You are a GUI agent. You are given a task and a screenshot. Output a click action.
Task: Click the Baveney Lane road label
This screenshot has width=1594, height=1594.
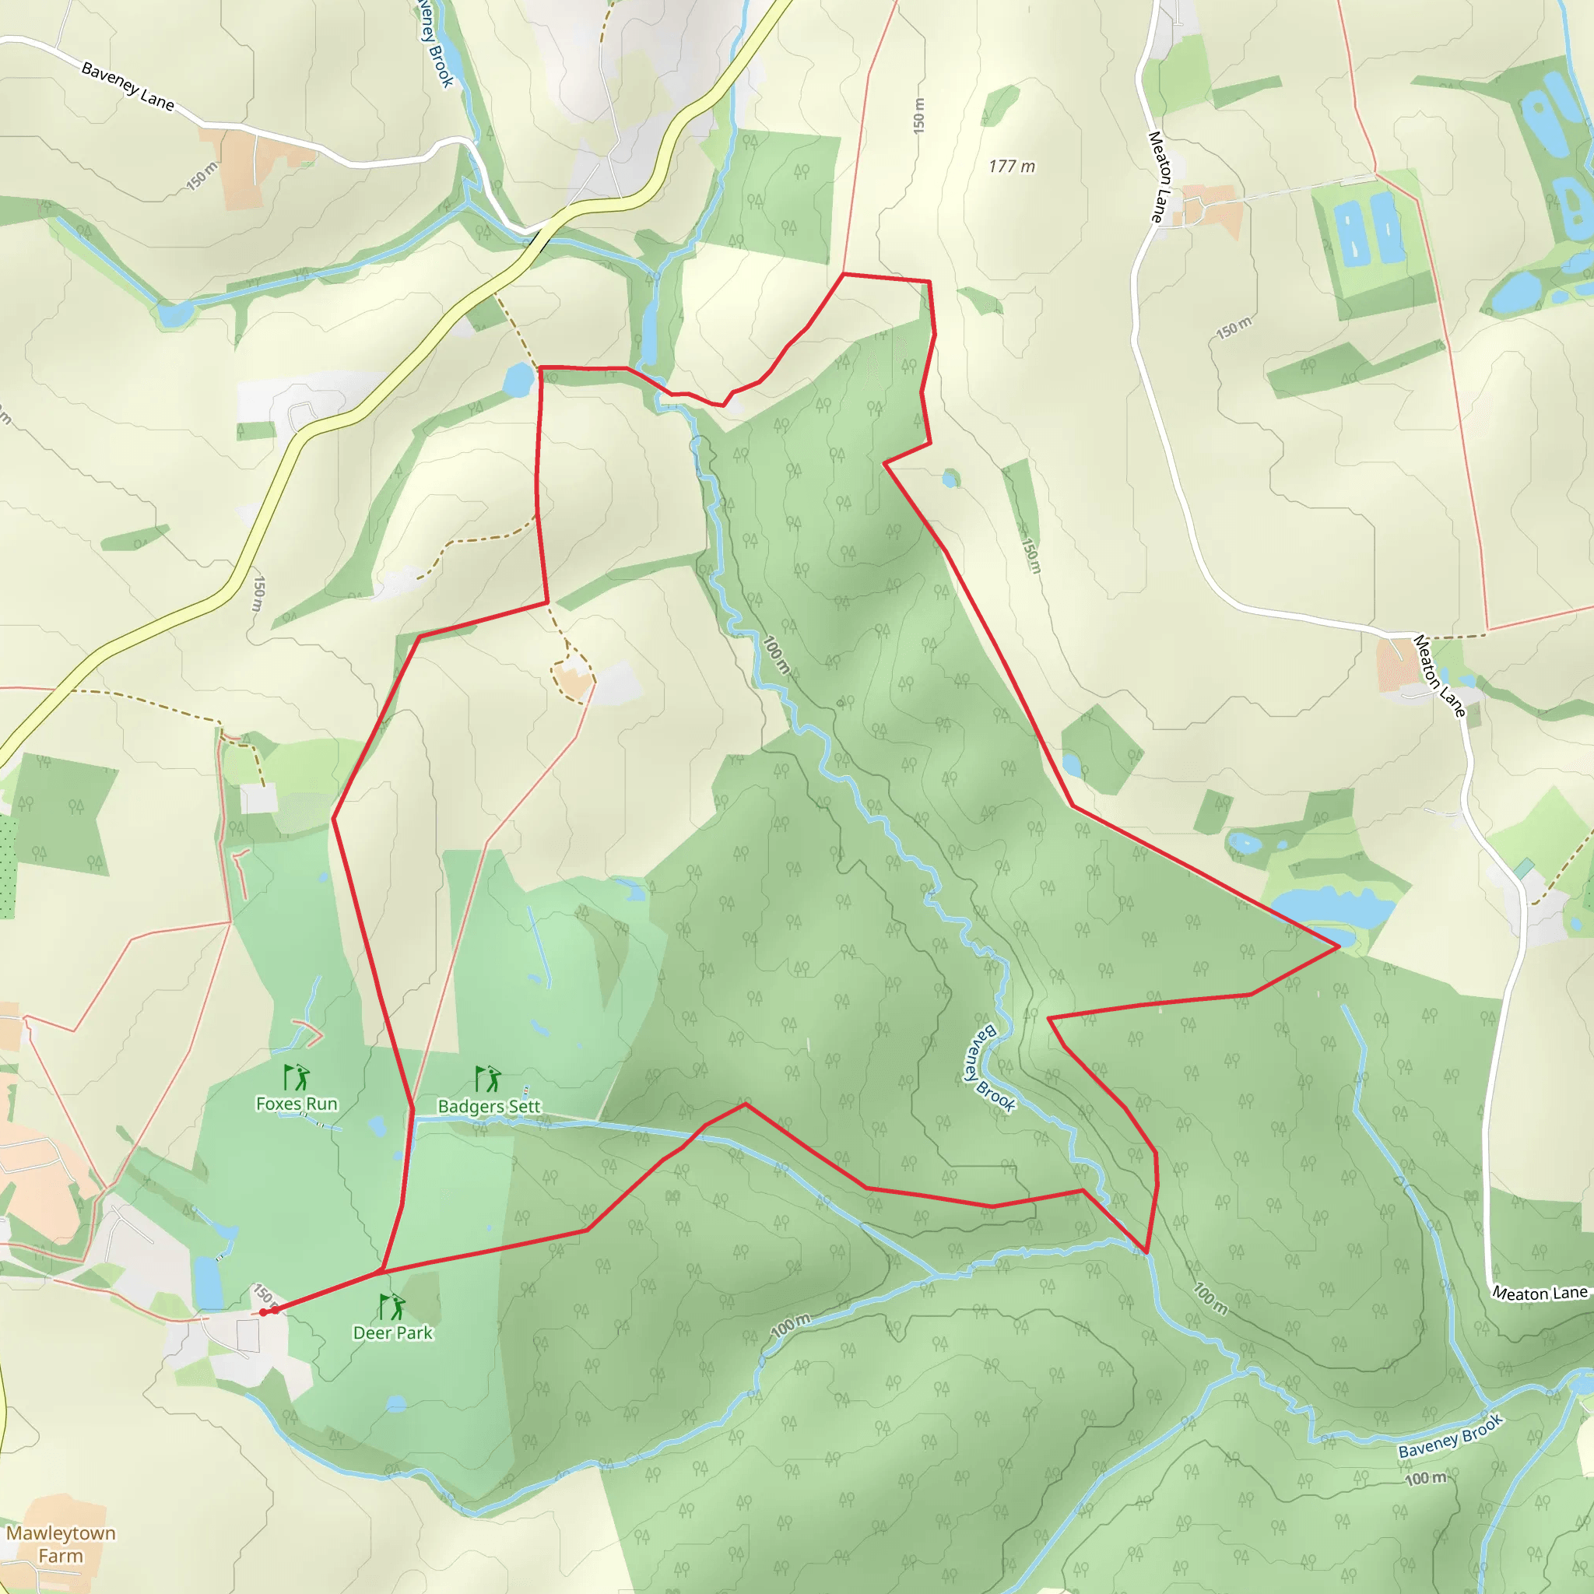(x=128, y=86)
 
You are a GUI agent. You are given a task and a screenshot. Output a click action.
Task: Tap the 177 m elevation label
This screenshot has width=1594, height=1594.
(x=1012, y=167)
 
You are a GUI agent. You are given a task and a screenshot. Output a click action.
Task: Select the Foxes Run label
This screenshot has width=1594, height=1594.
(x=297, y=1104)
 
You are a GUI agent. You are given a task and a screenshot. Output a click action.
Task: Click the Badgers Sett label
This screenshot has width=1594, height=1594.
(x=490, y=1107)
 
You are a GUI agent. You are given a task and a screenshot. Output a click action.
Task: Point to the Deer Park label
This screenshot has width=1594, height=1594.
(x=393, y=1332)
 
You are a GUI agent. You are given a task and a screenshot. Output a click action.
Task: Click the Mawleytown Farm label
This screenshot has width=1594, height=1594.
(x=61, y=1543)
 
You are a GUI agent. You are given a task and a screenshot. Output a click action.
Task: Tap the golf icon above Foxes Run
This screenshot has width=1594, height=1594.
(x=297, y=1077)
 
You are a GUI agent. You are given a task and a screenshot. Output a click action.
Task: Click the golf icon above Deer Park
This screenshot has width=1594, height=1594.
(x=392, y=1307)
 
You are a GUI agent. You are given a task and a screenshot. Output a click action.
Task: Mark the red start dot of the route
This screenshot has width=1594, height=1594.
(x=263, y=1311)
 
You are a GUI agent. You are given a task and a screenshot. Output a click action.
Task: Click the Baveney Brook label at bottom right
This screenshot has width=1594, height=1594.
(x=1451, y=1437)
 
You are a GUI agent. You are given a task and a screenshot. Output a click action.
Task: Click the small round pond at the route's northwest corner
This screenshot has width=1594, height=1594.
(x=518, y=380)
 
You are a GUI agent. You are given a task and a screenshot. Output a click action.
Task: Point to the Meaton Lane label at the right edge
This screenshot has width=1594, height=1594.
(x=1540, y=1294)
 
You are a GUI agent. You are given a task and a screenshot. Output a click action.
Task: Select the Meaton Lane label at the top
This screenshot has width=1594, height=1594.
(x=1160, y=177)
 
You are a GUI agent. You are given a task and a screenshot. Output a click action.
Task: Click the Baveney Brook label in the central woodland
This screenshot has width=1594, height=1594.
(x=989, y=1069)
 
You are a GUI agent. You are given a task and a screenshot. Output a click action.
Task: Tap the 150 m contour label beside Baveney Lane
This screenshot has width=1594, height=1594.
(x=202, y=176)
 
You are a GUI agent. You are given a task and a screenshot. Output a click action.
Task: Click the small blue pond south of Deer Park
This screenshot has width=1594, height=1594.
(x=396, y=1403)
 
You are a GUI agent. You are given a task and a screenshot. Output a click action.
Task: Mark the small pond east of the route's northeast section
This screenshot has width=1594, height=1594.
(x=950, y=479)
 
